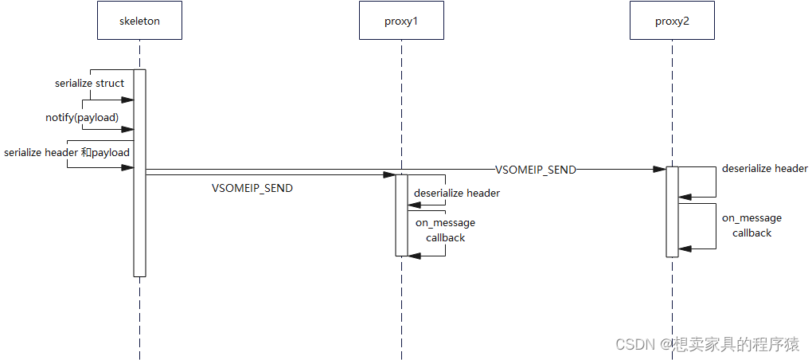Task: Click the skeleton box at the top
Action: click(x=139, y=22)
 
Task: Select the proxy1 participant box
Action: click(x=401, y=22)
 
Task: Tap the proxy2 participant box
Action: click(x=672, y=22)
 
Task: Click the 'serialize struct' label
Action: click(x=89, y=83)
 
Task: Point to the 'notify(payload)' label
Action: click(x=81, y=117)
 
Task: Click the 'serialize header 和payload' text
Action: click(x=67, y=152)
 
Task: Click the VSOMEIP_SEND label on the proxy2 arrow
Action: click(x=536, y=170)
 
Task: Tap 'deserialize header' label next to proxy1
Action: click(x=457, y=193)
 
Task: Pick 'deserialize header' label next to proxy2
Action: click(x=764, y=168)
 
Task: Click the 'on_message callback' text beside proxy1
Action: click(x=445, y=230)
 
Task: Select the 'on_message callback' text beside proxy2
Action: click(x=751, y=225)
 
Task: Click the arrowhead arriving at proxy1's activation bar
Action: click(x=390, y=175)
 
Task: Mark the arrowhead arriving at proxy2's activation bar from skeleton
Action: click(x=660, y=169)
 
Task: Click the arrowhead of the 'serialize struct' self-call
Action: click(x=127, y=100)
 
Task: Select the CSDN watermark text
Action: click(x=706, y=344)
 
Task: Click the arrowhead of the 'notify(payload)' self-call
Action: click(x=127, y=129)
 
